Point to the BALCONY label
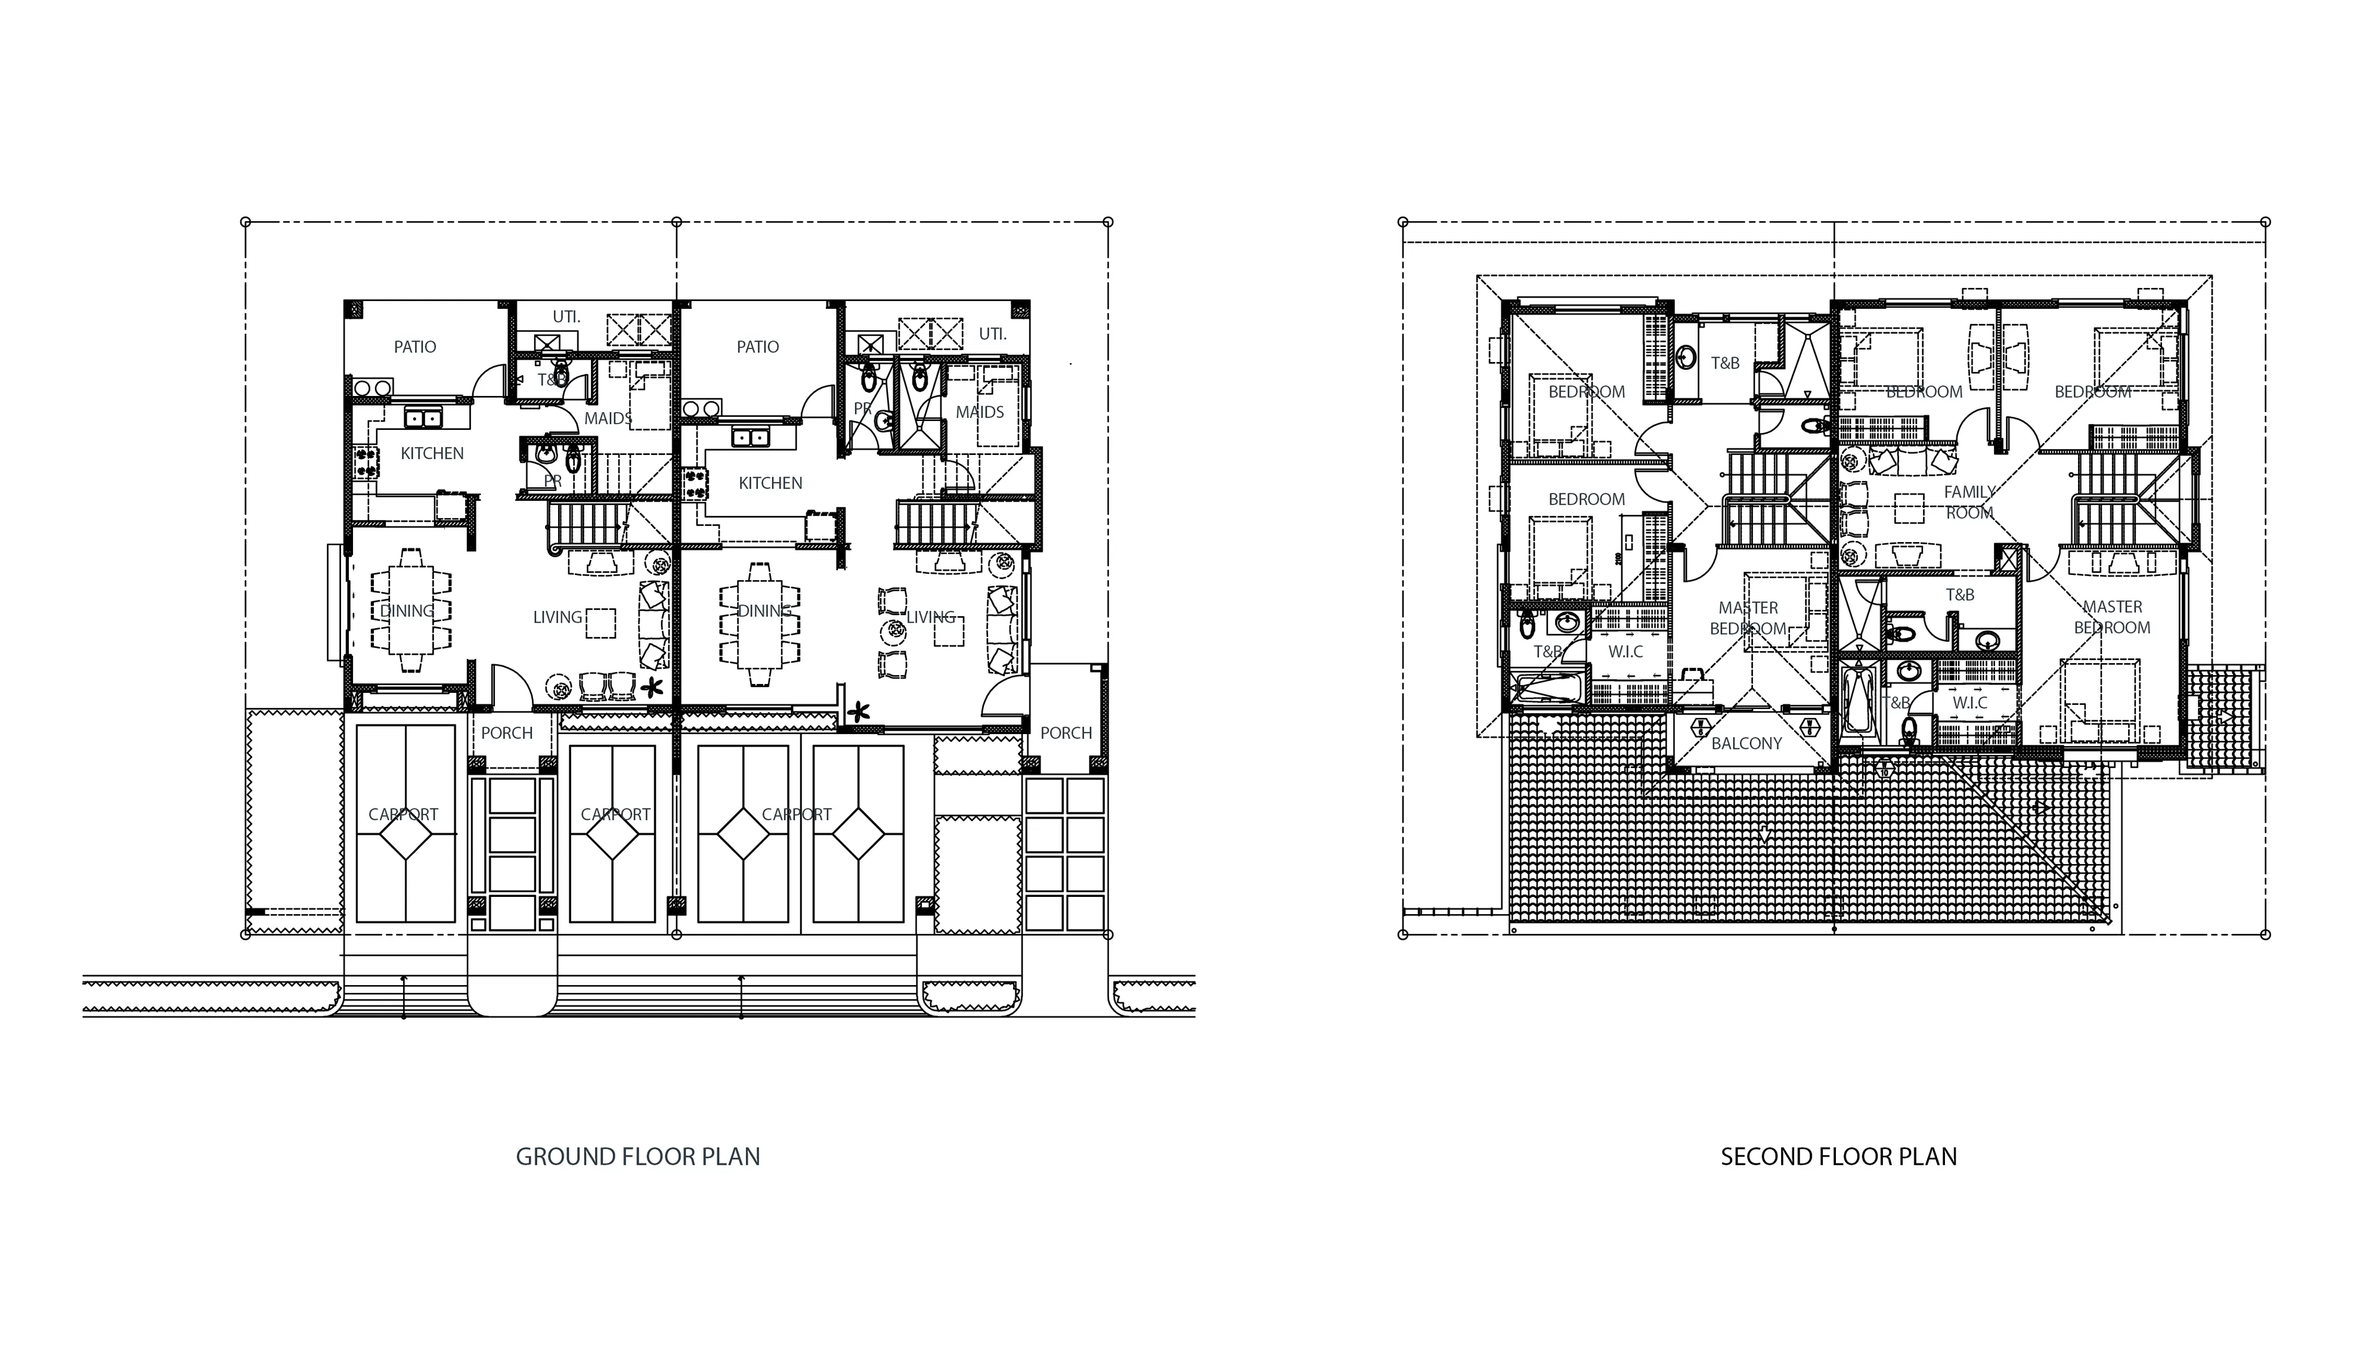pos(1746,744)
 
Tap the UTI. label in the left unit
pos(566,317)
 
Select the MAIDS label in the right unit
pos(980,412)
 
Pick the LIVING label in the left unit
pos(558,618)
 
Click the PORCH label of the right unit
pos(1066,733)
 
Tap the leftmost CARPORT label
pos(402,815)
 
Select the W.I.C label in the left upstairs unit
pos(1626,652)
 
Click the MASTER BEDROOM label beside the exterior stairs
pos(2112,618)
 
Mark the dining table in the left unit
pos(409,611)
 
